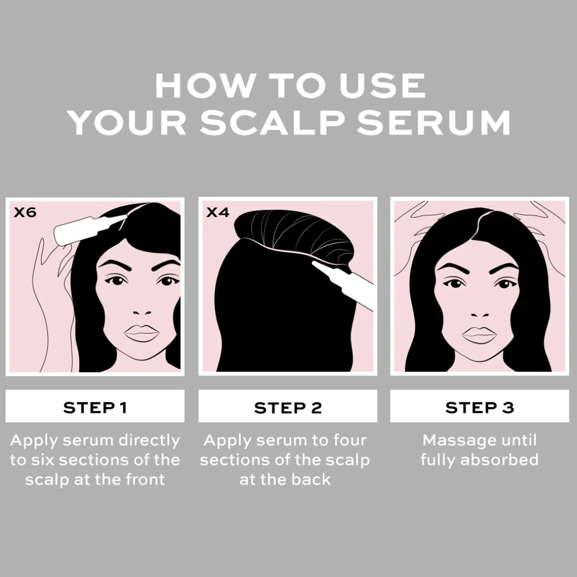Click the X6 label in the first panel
(x=25, y=212)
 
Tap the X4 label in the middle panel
(x=218, y=212)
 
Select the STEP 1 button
(x=95, y=406)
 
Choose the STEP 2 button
(x=288, y=406)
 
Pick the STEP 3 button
(x=479, y=406)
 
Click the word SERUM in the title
(x=434, y=123)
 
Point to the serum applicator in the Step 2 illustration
(x=343, y=284)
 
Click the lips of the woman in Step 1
(x=141, y=333)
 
